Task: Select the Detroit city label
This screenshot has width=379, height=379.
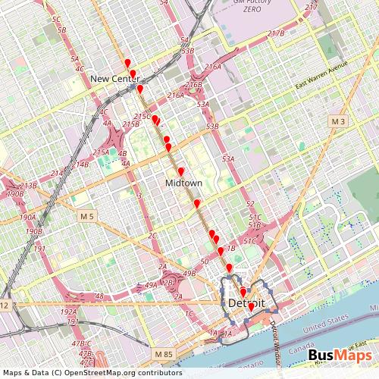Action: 246,302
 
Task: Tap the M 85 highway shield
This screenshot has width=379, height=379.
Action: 161,354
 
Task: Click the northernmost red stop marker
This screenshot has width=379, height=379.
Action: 127,63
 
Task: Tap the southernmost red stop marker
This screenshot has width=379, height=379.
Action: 251,308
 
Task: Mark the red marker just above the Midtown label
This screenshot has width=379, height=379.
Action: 182,171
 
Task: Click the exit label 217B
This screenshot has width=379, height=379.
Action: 275,33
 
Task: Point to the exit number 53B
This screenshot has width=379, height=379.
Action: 211,127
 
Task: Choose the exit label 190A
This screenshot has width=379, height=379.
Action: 29,217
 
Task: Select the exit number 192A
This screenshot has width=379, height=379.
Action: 68,311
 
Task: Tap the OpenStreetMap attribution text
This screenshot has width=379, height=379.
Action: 92,372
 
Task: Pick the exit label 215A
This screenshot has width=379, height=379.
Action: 100,152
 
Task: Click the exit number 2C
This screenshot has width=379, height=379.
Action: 152,236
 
